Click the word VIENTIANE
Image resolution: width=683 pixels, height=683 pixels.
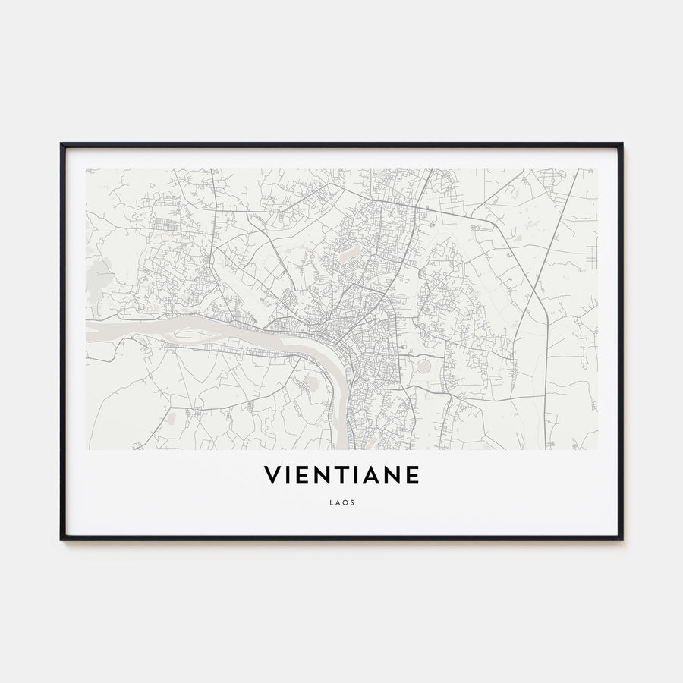[x=341, y=476]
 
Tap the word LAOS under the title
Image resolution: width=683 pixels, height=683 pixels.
[x=341, y=502]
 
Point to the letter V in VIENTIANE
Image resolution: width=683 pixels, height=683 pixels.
[x=271, y=476]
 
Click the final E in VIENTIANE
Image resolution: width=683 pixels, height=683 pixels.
[x=412, y=476]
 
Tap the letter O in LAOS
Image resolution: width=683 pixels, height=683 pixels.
[x=345, y=502]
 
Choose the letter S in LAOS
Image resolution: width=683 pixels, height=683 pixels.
[x=352, y=502]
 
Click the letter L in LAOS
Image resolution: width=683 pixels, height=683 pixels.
[x=331, y=502]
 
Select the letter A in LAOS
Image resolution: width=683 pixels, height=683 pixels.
[x=337, y=502]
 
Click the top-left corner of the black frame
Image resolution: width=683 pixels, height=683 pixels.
[x=61, y=143]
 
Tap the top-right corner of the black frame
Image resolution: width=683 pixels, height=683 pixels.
[x=622, y=143]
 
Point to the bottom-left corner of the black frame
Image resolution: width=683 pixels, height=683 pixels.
[x=61, y=539]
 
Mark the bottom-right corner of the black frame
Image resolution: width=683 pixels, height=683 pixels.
[x=622, y=539]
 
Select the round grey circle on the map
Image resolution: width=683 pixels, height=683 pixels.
[x=423, y=367]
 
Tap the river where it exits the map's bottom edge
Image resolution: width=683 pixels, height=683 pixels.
[x=342, y=446]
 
